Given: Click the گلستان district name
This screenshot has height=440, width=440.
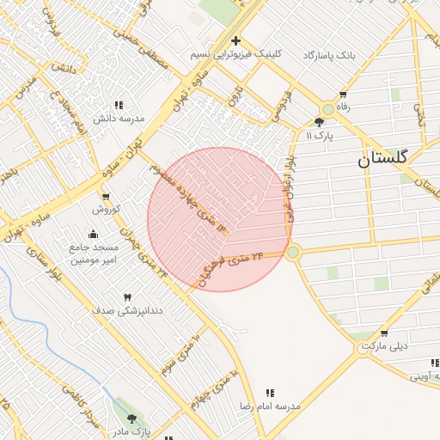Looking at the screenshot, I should (x=383, y=158).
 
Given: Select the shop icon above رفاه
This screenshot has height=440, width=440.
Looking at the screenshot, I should (x=344, y=95).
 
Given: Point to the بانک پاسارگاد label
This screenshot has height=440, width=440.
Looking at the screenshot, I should (x=328, y=54).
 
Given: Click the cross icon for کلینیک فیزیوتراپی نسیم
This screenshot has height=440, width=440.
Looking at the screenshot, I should (x=235, y=40).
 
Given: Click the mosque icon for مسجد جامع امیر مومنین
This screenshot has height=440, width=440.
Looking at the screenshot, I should (x=94, y=235).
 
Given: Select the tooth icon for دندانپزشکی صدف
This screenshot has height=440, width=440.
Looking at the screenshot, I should (x=127, y=296).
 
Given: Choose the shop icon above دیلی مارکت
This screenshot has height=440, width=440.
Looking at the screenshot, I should (x=384, y=333).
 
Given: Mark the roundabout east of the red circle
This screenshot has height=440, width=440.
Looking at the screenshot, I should (x=293, y=252).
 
